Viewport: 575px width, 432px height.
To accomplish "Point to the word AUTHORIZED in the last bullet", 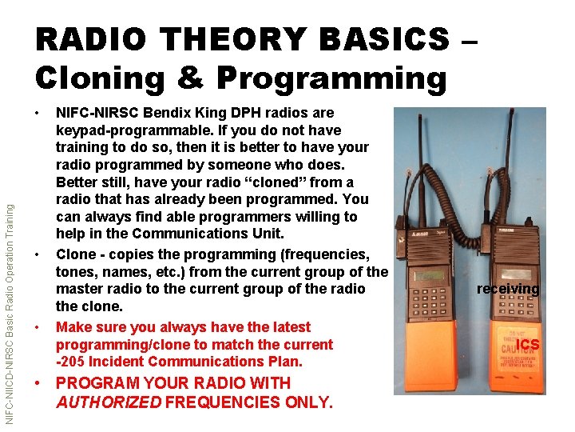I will (109, 402).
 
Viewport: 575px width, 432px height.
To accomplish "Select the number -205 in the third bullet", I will (73, 362).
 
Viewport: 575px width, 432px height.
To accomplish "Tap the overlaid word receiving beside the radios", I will (508, 289).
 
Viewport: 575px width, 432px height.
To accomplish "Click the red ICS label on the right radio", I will (527, 345).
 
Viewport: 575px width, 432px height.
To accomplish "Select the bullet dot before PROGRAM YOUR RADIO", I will (38, 383).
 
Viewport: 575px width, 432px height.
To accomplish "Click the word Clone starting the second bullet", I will (74, 254).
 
